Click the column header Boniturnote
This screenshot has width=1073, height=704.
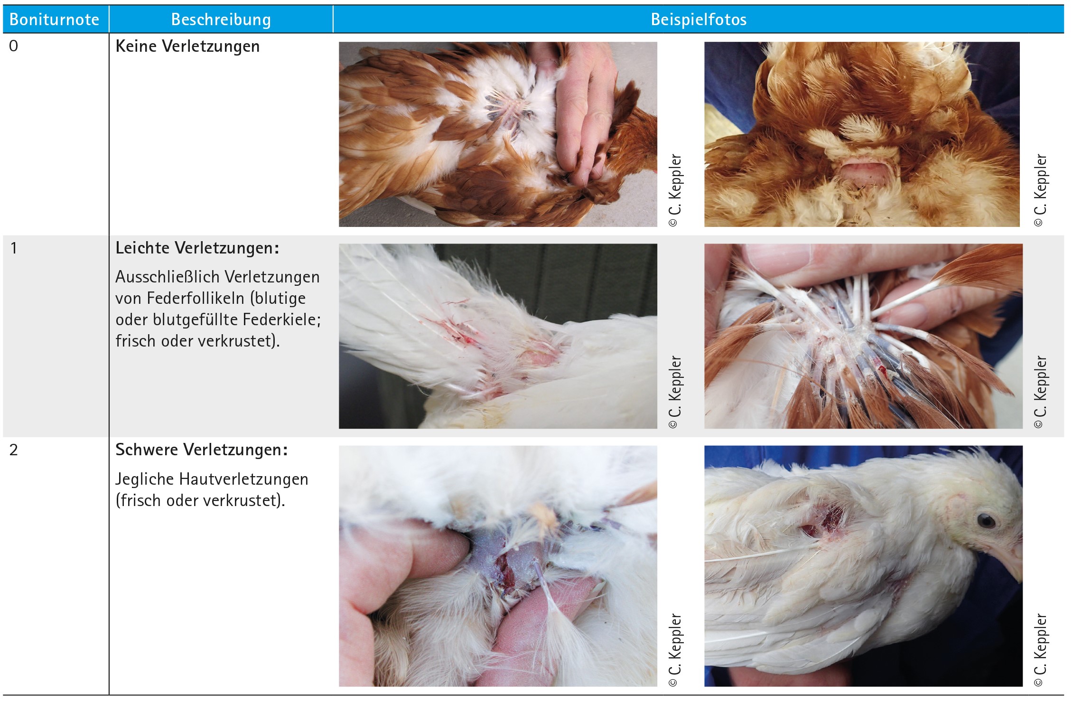point(54,19)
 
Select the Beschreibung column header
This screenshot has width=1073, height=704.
point(221,19)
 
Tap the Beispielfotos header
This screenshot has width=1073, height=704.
point(699,19)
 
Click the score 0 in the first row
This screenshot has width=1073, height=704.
point(14,46)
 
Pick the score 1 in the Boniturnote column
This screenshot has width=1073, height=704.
point(14,248)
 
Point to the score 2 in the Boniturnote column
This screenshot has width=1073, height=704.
point(14,450)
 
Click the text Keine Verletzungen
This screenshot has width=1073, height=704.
point(187,47)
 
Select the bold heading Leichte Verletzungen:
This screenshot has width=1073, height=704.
point(197,248)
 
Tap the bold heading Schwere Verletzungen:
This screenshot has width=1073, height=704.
point(202,450)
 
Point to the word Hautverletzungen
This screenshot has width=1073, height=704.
point(243,479)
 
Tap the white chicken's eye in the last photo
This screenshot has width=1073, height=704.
point(986,521)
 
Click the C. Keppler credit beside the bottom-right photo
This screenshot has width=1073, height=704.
point(1041,650)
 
